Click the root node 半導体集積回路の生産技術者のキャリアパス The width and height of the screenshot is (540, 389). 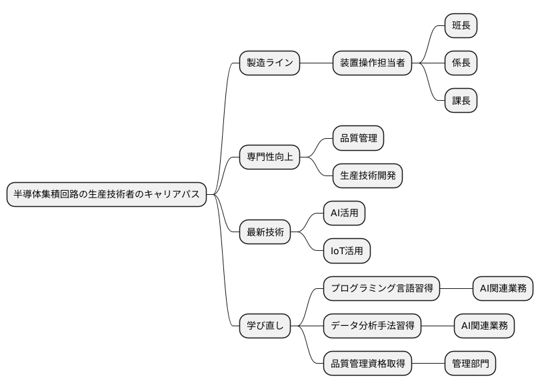coord(107,194)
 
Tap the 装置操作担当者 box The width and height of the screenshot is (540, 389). coord(372,63)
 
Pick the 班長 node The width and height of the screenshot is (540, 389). coord(461,26)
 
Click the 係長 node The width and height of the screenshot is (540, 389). coord(461,63)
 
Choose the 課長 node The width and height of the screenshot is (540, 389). coord(461,101)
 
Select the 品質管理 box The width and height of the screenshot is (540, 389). coord(358,139)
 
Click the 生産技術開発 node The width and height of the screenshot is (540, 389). coord(367,176)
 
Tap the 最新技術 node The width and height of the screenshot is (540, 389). coord(265,232)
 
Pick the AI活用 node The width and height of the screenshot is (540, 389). coord(344,214)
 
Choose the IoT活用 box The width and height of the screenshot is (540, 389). coord(347,251)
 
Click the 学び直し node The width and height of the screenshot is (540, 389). coord(265,326)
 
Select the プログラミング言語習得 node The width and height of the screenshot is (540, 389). coord(382,288)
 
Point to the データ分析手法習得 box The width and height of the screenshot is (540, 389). coord(373,326)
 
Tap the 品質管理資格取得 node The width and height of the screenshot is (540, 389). coord(367,364)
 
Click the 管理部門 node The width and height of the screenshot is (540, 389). coord(471,364)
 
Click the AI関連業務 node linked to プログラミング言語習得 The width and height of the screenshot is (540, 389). coord(503,288)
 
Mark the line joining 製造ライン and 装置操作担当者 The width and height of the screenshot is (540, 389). coord(317,63)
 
